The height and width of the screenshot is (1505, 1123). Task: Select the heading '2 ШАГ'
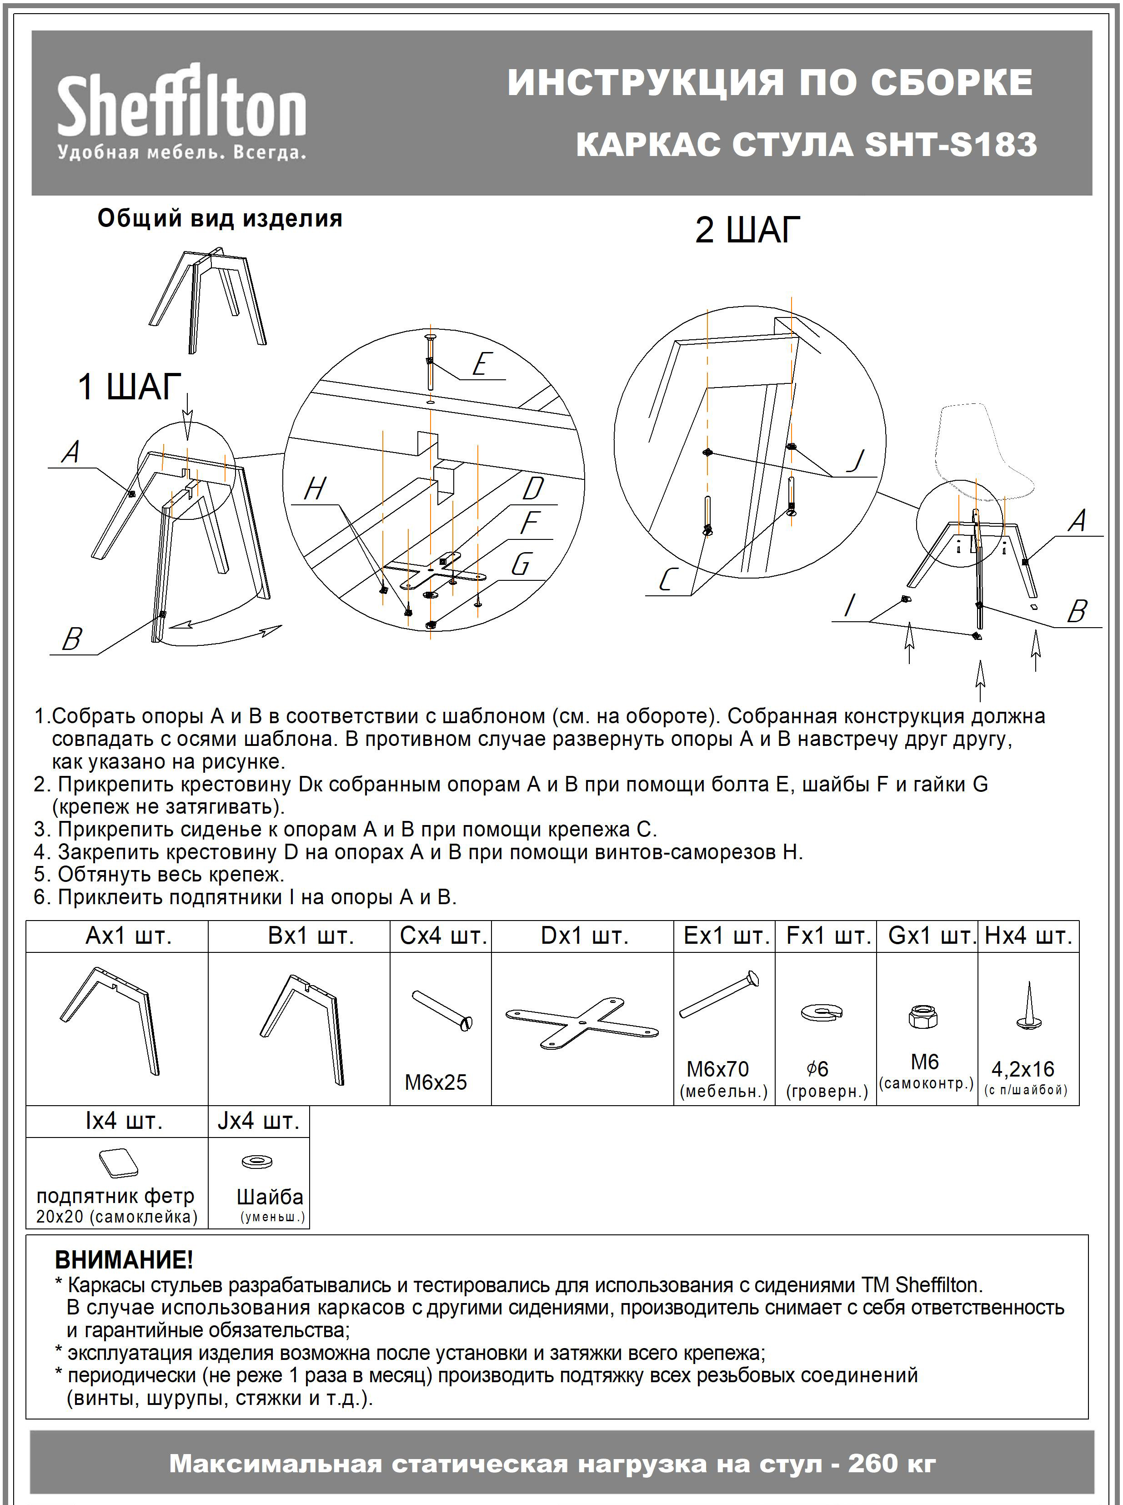(747, 230)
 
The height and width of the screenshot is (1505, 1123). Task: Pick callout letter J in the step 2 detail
(855, 461)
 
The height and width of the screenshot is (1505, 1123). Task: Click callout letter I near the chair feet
(849, 604)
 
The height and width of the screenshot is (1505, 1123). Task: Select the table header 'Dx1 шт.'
(584, 936)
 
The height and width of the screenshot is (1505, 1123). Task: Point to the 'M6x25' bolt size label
(436, 1082)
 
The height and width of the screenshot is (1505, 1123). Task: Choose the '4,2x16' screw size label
(1023, 1068)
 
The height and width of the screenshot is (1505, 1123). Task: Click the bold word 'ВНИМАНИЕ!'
(124, 1259)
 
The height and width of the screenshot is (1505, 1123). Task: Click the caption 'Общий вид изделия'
(220, 218)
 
